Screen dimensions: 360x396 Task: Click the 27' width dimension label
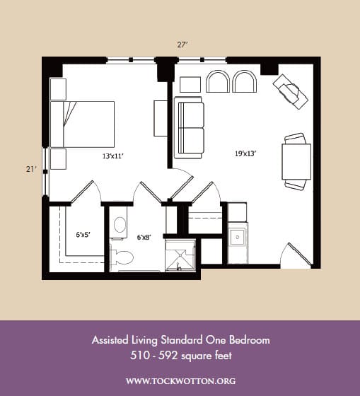point(182,45)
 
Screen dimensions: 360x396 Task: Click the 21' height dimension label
point(32,169)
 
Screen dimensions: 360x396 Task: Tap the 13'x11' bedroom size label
point(113,156)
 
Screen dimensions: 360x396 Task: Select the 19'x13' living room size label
point(246,153)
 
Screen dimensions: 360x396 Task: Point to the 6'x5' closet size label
point(83,235)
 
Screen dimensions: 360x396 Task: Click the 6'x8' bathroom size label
point(144,237)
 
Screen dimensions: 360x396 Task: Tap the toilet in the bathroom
point(122,257)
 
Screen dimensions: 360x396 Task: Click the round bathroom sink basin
point(120,225)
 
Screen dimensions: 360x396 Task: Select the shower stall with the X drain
point(180,255)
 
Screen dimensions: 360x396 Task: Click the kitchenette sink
point(237,237)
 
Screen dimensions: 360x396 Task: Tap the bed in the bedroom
point(82,124)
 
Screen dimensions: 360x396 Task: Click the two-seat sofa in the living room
point(189,127)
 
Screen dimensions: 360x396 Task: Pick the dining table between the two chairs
point(296,161)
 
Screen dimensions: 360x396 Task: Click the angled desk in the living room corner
point(291,91)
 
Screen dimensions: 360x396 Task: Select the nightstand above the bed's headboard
point(59,89)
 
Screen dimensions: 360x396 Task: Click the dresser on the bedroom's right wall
point(161,119)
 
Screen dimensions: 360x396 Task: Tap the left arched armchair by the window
point(218,81)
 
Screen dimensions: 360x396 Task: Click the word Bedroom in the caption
point(250,340)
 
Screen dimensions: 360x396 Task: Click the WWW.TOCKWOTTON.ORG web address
point(181,381)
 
